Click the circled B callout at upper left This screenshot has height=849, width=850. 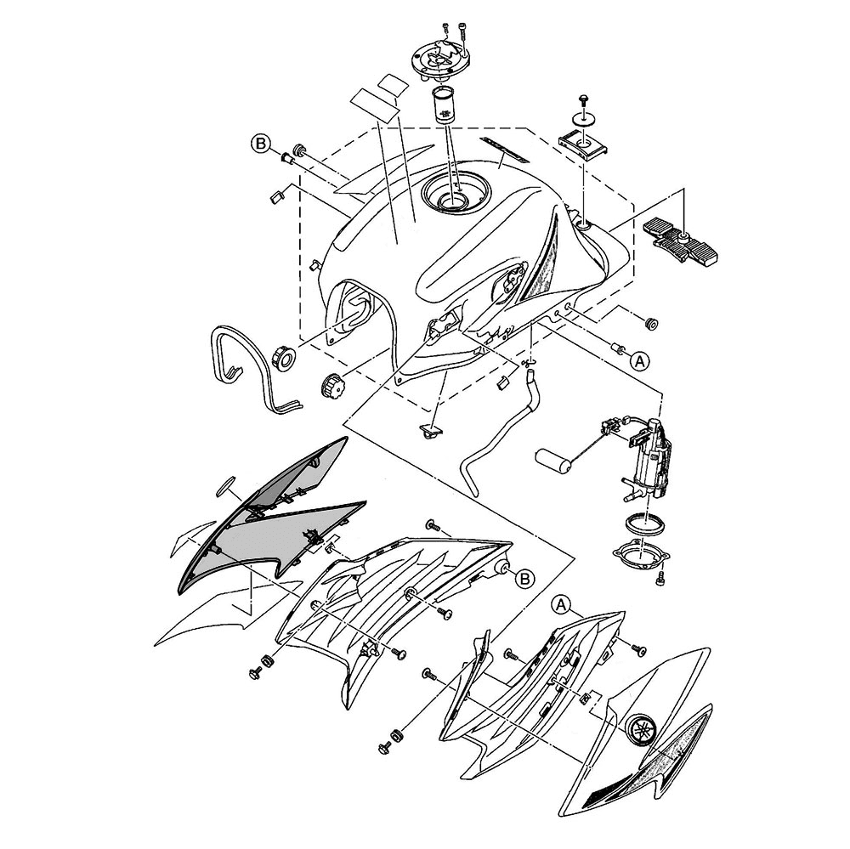261,144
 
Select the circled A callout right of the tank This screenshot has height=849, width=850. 640,360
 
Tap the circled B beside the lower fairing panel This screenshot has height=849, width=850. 524,579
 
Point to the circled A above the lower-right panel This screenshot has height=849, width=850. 562,604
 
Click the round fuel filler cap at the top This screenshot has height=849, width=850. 439,60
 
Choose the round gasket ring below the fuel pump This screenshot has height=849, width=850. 643,525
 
